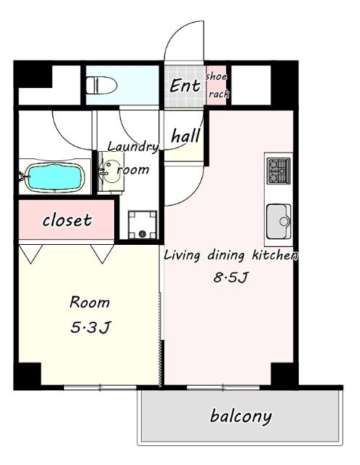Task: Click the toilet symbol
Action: click(101, 86)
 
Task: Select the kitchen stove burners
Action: click(279, 171)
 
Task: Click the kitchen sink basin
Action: click(279, 221)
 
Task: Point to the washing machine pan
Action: click(143, 225)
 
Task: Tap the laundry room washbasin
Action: click(111, 172)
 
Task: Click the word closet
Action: click(67, 220)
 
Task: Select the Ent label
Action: click(185, 86)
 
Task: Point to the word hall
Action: click(185, 136)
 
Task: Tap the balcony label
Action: click(241, 416)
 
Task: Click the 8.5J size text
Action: click(231, 278)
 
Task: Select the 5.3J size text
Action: click(90, 328)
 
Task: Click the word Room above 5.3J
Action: click(89, 302)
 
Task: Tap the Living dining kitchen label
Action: click(231, 255)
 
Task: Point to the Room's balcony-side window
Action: click(100, 387)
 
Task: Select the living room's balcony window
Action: click(223, 387)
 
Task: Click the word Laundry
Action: click(133, 147)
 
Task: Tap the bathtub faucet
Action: click(23, 177)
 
